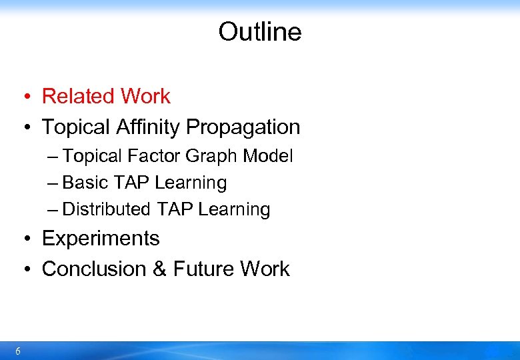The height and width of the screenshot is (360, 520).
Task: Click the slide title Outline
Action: (259, 32)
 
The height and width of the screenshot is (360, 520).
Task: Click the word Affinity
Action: (147, 127)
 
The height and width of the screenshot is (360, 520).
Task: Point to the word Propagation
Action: (243, 127)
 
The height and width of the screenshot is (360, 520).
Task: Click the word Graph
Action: (211, 156)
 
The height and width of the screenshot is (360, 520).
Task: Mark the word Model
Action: (267, 156)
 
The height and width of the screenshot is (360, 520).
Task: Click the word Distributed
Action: (106, 209)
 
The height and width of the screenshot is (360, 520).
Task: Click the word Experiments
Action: (101, 239)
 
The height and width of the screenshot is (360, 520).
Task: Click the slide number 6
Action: (17, 351)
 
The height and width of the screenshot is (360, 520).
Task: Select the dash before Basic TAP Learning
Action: (53, 183)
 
